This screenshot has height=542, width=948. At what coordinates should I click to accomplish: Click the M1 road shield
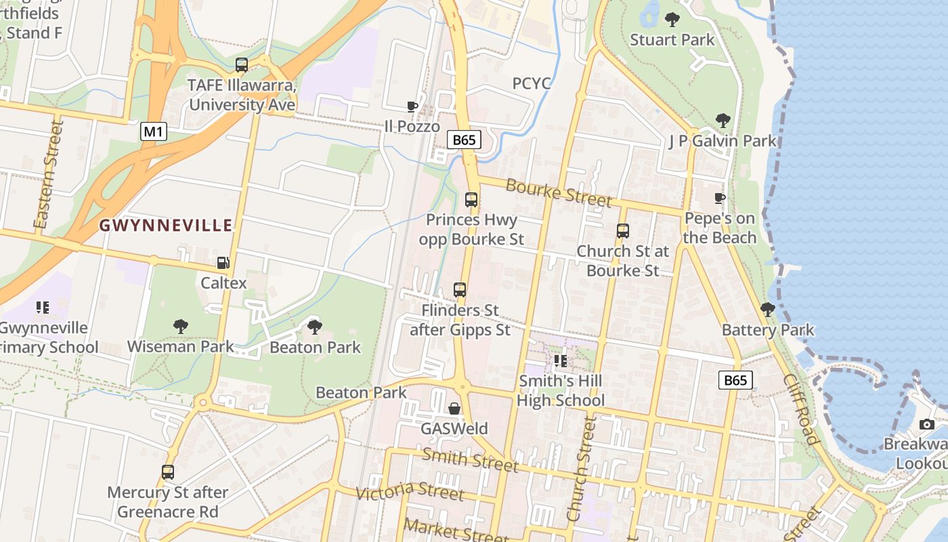[154, 131]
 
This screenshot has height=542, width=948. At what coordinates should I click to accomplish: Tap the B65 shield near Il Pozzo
[465, 140]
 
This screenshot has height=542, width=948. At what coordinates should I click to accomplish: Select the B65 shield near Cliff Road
[735, 380]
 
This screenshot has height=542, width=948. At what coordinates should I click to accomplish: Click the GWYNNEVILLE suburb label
[167, 226]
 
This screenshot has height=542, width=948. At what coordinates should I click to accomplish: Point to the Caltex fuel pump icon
[223, 263]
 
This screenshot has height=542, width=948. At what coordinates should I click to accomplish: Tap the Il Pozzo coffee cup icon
[412, 106]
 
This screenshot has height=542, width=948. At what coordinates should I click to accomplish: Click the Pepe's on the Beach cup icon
[720, 198]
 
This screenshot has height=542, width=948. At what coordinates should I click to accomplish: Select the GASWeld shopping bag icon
[454, 409]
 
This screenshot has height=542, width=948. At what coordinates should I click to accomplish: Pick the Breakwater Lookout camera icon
[927, 425]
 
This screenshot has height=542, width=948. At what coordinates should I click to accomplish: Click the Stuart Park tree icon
[672, 20]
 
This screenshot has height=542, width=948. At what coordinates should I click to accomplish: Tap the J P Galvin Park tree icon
[723, 121]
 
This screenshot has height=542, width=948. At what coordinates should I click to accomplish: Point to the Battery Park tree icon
[768, 310]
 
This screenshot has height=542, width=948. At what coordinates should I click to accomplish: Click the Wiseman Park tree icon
[180, 327]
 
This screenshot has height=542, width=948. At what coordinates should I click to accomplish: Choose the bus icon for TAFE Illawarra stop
[242, 65]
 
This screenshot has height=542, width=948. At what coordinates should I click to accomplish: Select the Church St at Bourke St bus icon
[623, 231]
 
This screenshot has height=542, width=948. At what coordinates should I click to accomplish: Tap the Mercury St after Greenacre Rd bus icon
[168, 472]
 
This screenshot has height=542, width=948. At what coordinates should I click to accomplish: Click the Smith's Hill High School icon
[560, 361]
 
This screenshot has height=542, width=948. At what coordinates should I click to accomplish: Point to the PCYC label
[532, 83]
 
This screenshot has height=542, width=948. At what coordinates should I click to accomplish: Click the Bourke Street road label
[558, 193]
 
